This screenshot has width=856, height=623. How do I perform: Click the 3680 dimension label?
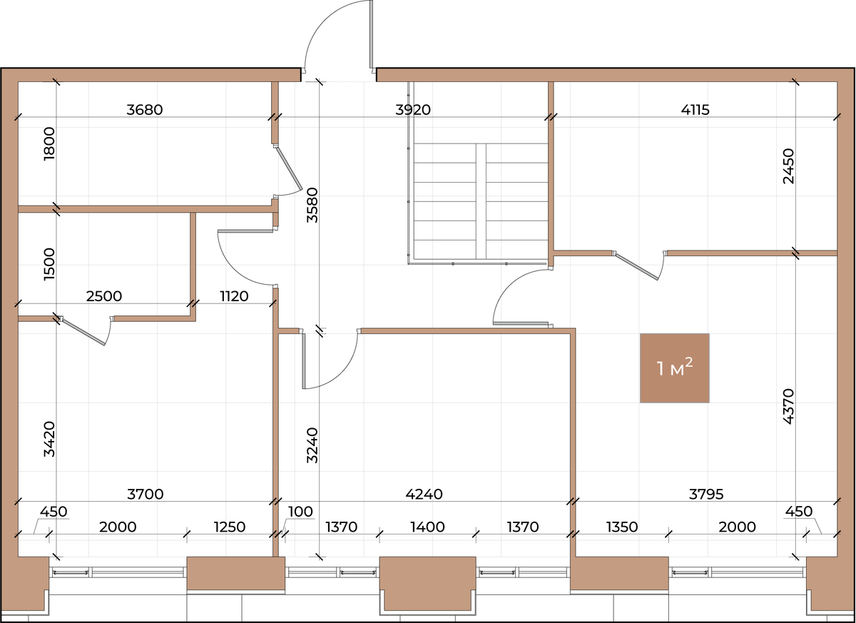coord(144,110)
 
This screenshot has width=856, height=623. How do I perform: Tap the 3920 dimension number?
coord(413,110)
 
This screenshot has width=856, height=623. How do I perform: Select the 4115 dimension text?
coord(695,110)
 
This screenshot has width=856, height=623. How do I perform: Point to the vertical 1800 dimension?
coord(49,143)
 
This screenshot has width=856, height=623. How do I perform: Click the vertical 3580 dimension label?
coord(312,205)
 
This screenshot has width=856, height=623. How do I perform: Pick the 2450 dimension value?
coord(788,166)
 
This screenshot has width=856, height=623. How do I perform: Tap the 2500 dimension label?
coord(104,296)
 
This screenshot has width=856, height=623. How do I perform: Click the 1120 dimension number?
coord(234,296)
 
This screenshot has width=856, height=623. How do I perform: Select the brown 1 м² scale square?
coord(675,368)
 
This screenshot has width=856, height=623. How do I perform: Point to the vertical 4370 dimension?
coord(788,407)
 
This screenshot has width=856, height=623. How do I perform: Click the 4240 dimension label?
coord(424,495)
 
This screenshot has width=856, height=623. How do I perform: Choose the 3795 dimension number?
coord(706,495)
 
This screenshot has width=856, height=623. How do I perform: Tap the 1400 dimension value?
coord(427,527)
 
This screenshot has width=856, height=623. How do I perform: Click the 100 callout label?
coord(300,512)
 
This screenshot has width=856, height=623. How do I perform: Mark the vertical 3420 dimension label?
coord(49,439)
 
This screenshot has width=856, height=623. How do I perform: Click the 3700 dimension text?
coord(146,495)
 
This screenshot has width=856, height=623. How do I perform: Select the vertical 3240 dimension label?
coord(312,445)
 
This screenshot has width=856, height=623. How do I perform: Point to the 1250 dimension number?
coord(229,527)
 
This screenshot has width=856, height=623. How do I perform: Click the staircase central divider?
coord(481,201)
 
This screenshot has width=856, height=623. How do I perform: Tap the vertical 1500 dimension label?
coord(49,264)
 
